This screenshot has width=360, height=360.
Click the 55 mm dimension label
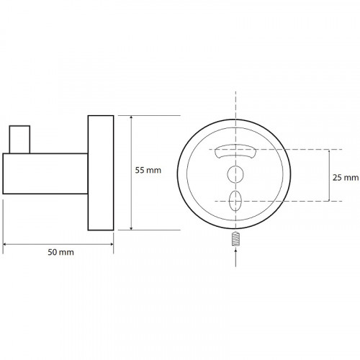tap(148, 171)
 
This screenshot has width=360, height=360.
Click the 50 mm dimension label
tap(60, 252)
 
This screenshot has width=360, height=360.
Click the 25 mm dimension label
tap(346, 178)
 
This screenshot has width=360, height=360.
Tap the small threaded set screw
tap(236, 238)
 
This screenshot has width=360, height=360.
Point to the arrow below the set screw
tap(235, 258)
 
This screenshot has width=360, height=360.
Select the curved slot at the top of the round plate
tap(235, 151)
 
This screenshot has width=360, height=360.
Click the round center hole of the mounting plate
tap(235, 174)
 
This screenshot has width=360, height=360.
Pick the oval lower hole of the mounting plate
tap(235, 201)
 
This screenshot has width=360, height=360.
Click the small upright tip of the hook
tap(19, 139)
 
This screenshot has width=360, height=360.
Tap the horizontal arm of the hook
tap(45, 174)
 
